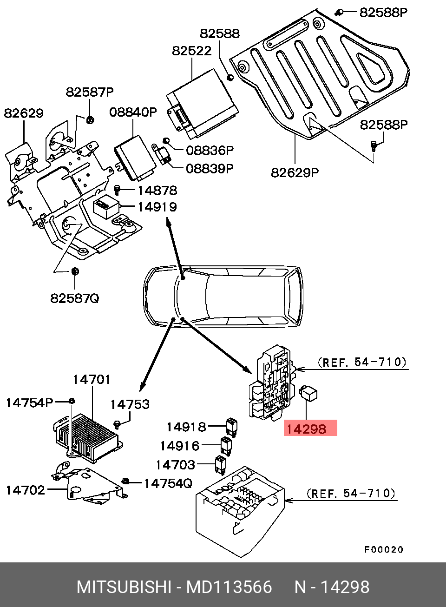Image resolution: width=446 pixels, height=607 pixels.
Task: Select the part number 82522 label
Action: coord(191,50)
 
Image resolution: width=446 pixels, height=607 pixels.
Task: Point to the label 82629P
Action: coord(295,172)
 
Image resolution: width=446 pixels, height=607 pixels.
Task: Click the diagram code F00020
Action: coord(383,549)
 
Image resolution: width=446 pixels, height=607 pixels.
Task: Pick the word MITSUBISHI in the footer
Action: coord(124,587)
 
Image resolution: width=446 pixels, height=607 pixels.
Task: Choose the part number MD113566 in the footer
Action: coord(229,587)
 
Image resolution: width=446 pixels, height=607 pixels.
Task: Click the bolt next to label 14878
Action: coord(117,190)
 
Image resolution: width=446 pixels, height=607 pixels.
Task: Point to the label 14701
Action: coord(92,379)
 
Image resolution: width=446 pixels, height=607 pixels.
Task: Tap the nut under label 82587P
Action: coord(90,120)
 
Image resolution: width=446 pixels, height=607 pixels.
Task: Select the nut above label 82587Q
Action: coord(75,271)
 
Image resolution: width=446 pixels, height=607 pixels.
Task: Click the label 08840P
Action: coord(133,112)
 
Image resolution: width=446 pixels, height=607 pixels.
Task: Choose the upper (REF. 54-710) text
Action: coord(362,362)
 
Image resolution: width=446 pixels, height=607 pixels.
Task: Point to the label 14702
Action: coord(26,490)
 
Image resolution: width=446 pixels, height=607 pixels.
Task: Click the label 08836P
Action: coord(210,150)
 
